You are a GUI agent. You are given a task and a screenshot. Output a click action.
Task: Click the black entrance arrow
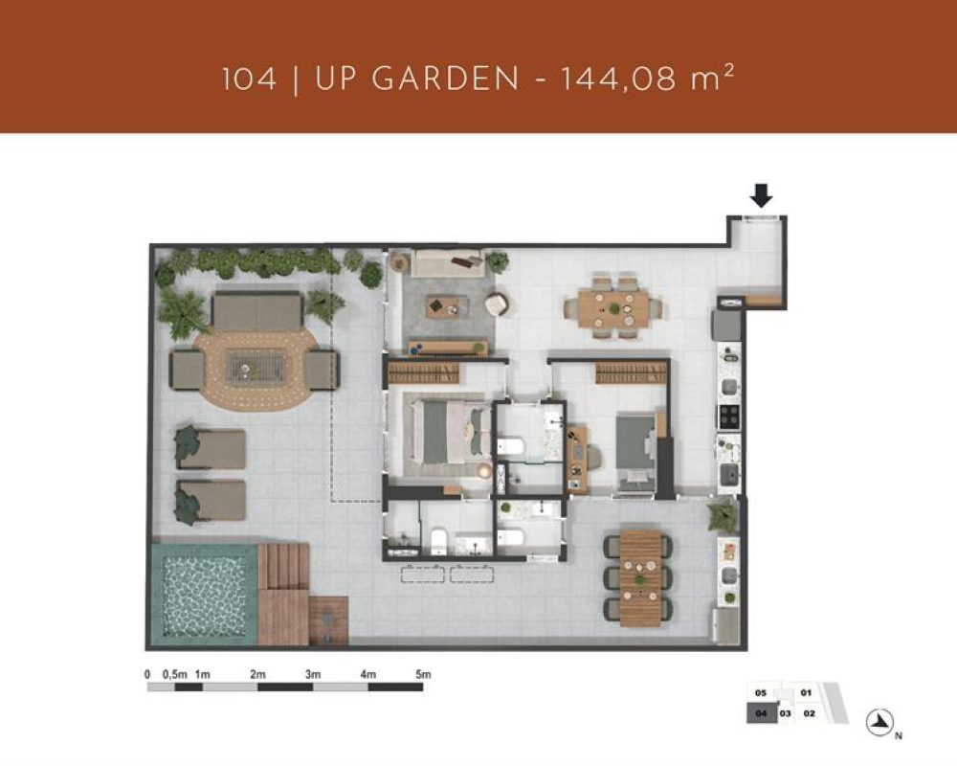761,195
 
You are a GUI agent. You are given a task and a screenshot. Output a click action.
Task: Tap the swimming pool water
204,596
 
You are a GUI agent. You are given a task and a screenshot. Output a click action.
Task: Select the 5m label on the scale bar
423,674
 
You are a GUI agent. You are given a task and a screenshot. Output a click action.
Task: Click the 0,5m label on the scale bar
174,674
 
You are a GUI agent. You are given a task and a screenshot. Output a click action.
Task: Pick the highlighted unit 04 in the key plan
762,713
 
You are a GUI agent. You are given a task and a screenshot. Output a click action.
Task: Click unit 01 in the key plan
806,692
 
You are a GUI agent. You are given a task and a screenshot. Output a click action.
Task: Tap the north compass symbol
880,723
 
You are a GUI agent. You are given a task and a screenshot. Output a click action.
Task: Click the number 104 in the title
249,79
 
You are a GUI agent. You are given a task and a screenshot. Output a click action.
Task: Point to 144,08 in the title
618,79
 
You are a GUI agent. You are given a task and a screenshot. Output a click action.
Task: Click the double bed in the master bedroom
449,430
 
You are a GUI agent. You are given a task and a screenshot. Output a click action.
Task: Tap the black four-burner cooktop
728,417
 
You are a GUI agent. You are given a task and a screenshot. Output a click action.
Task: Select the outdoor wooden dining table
640,578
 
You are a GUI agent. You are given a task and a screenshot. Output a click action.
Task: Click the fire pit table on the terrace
255,369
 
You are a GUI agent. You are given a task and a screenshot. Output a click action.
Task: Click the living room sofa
447,262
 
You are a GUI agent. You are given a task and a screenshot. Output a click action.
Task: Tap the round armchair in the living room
497,304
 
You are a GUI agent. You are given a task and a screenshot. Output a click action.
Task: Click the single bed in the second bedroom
637,453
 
